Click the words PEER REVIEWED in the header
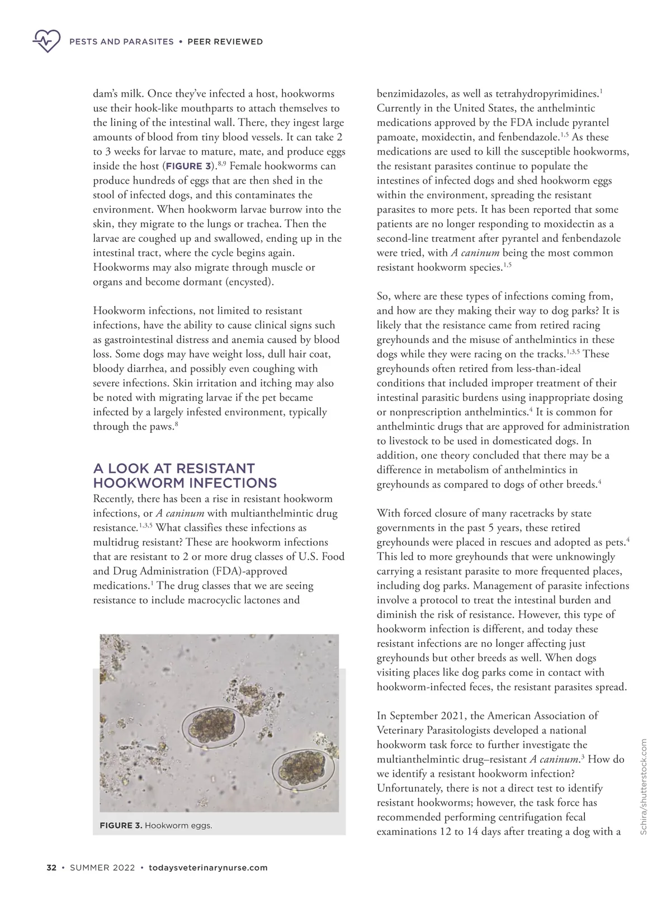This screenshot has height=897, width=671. pyautogui.click(x=225, y=41)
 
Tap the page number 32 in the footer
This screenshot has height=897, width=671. pyautogui.click(x=51, y=867)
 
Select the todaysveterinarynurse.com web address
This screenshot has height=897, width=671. pyautogui.click(x=208, y=867)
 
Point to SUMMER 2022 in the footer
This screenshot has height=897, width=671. pyautogui.click(x=102, y=867)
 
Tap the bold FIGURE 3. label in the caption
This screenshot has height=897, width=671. pyautogui.click(x=121, y=826)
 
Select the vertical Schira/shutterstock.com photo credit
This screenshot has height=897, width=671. pyautogui.click(x=644, y=787)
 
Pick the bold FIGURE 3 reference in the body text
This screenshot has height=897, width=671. pyautogui.click(x=188, y=166)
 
